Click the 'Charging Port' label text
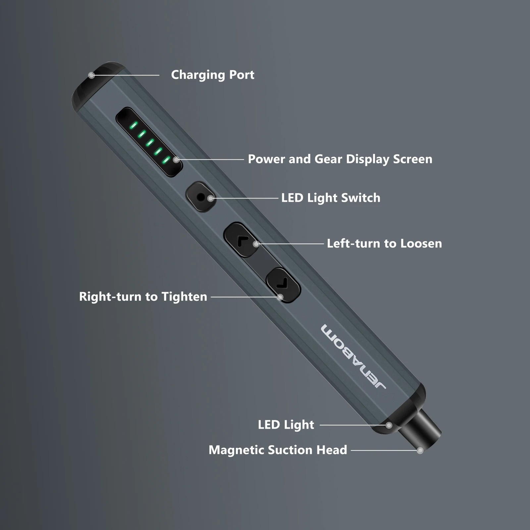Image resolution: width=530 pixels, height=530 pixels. pos(212,75)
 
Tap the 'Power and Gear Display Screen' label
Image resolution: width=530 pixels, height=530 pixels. pos(340,159)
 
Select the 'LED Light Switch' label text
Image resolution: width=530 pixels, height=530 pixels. pos(331,198)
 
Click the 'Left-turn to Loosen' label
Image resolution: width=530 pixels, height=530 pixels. pos(384,243)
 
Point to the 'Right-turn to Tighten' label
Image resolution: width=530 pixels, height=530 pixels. pos(143,296)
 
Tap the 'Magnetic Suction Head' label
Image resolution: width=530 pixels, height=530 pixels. pos(278,450)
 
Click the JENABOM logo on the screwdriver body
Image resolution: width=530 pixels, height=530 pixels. pos(353,357)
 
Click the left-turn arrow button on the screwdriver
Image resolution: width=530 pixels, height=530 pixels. pos(241,240)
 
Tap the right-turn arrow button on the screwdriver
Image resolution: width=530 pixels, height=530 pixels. pos(284,285)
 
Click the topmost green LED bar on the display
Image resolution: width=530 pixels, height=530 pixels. pos(134,125)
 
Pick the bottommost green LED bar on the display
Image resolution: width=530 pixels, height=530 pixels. pos(166,160)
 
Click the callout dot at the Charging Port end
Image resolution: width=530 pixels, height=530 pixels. pos(92,76)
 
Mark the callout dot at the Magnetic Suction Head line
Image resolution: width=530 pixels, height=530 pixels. pos(420,450)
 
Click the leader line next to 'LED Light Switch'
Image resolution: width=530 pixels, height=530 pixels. pos(245,198)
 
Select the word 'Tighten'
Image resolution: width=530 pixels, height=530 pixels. pos(184,296)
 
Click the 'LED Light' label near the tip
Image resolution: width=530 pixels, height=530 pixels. pos(286,425)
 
